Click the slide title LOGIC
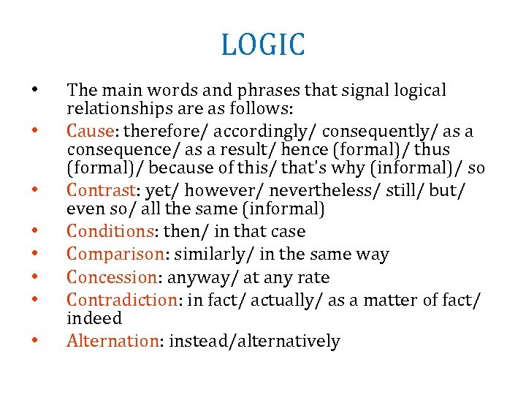click(x=263, y=45)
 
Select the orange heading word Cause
click(x=86, y=132)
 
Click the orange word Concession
click(x=110, y=278)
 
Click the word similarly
click(x=222, y=255)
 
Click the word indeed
click(x=94, y=319)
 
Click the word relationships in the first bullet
click(x=118, y=109)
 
